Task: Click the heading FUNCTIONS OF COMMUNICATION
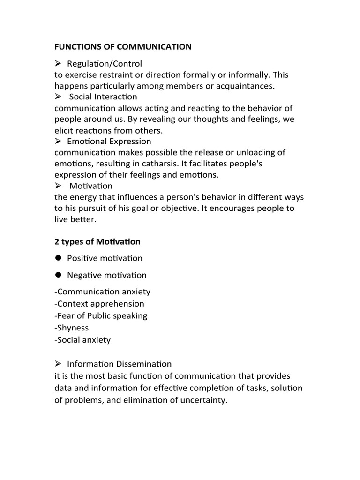123,46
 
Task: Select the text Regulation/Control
104,63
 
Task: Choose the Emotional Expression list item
109,141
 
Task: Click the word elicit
64,130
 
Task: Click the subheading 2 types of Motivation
97,242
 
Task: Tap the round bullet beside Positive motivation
59,258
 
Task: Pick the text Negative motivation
106,275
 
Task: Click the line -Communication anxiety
103,292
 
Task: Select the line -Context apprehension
99,304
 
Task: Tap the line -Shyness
71,328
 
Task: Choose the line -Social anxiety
82,340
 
